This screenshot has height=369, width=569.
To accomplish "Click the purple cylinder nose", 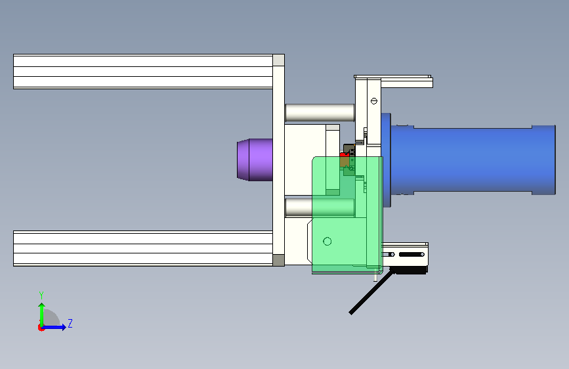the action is click(x=255, y=160).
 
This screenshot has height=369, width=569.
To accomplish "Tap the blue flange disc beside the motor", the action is click(x=386, y=160).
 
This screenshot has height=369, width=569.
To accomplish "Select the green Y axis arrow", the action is click(x=42, y=315).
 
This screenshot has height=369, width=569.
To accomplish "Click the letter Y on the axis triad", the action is click(x=41, y=295).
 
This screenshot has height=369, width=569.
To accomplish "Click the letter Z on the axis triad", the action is click(x=70, y=323).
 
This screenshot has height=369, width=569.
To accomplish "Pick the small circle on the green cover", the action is click(x=327, y=241).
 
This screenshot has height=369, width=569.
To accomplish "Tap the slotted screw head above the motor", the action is click(x=374, y=101).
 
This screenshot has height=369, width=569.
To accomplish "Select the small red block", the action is click(x=344, y=155).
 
